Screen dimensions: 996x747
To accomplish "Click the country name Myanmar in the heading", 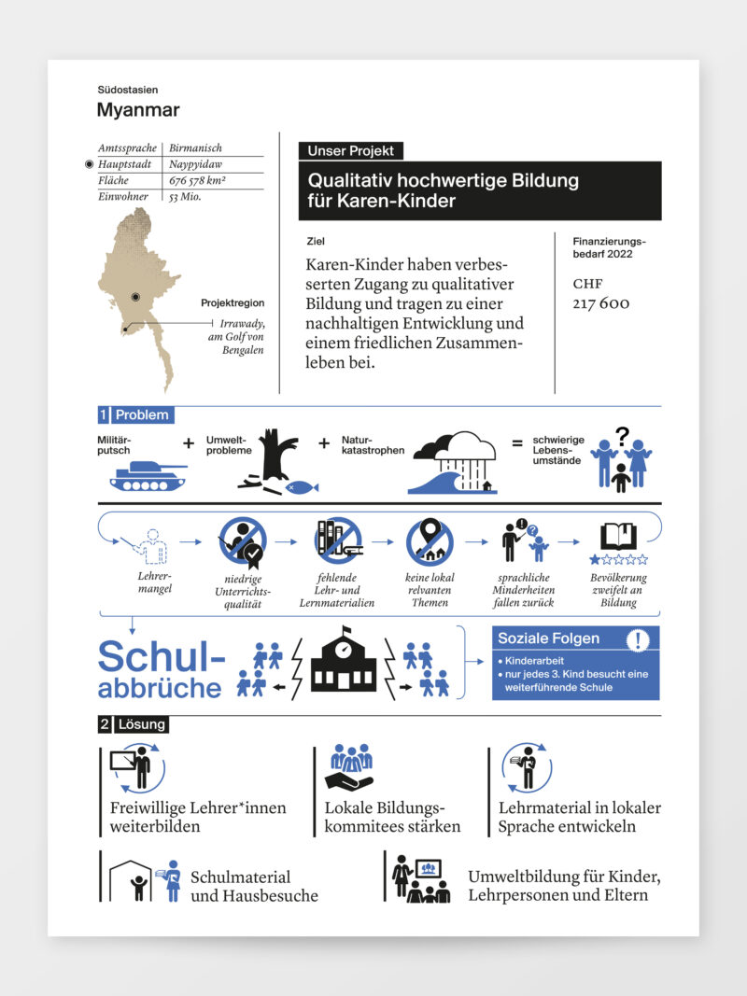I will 138,110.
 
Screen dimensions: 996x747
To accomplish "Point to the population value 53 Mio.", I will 186,197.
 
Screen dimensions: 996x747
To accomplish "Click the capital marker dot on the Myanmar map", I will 135,296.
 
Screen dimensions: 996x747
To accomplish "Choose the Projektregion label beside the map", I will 233,303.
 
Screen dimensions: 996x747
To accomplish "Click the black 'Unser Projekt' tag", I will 350,151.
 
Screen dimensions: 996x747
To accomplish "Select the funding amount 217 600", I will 601,303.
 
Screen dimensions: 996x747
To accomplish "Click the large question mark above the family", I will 622,434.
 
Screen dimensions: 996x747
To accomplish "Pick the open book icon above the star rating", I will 618,536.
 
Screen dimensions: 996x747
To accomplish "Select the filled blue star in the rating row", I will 595,560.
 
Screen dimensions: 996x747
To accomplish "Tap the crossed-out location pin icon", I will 430,541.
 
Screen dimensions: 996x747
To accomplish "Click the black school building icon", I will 343,660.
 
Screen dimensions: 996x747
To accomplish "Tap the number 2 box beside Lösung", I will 104,723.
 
